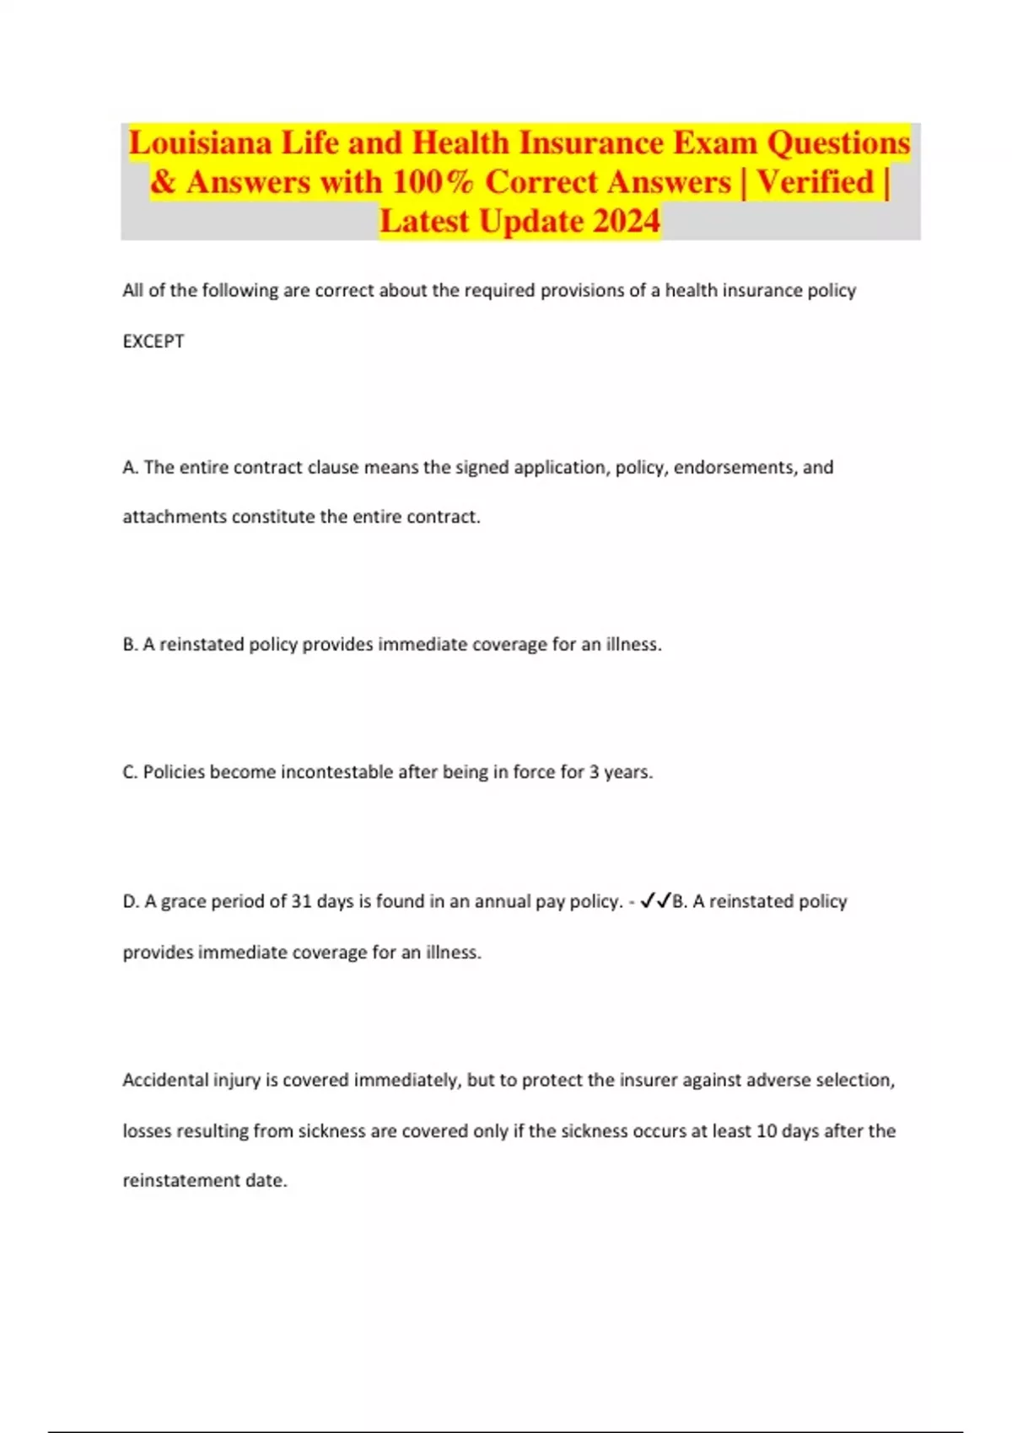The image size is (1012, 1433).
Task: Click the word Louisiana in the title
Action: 201,143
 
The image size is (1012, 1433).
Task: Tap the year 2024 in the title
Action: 626,221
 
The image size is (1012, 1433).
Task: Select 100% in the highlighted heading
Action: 433,182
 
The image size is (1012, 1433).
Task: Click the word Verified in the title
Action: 816,182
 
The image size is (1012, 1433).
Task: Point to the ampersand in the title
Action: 163,182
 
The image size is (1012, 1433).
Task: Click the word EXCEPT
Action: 153,341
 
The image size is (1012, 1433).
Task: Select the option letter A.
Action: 130,468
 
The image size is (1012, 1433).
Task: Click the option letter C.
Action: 130,772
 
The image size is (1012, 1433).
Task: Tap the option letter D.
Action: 131,902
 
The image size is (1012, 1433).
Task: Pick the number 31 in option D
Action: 301,902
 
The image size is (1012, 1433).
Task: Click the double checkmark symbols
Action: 655,902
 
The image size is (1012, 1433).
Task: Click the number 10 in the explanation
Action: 766,1131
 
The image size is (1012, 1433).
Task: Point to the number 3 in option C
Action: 594,772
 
